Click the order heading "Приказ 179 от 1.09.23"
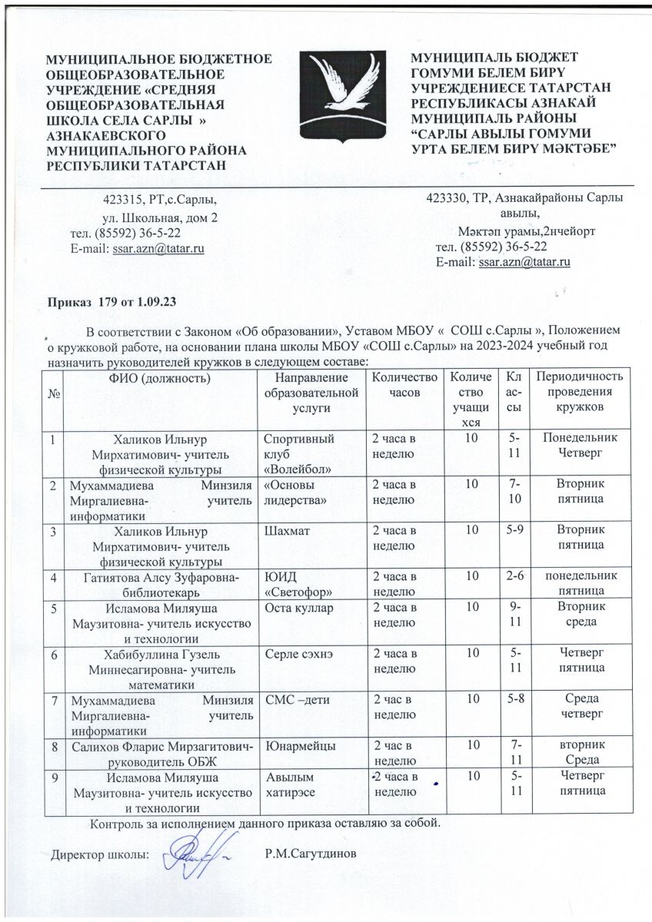click(x=114, y=303)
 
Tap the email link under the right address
click(x=524, y=263)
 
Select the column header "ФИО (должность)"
click(x=160, y=377)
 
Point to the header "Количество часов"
click(x=404, y=384)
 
